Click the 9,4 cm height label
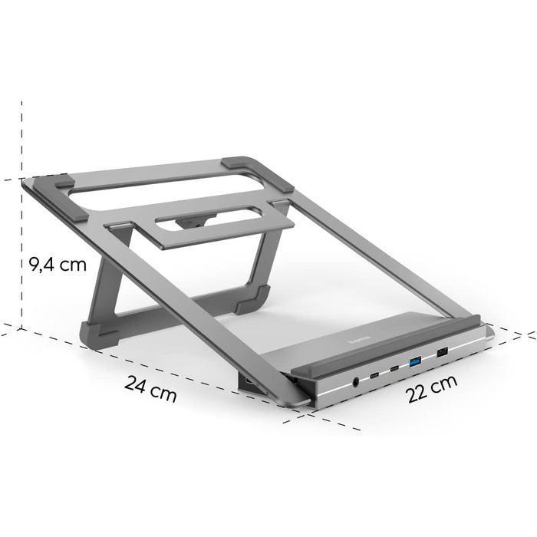point(58,265)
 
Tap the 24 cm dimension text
point(150,389)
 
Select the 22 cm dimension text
point(432,389)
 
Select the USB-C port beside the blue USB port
point(394,368)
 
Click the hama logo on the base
point(359,339)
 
